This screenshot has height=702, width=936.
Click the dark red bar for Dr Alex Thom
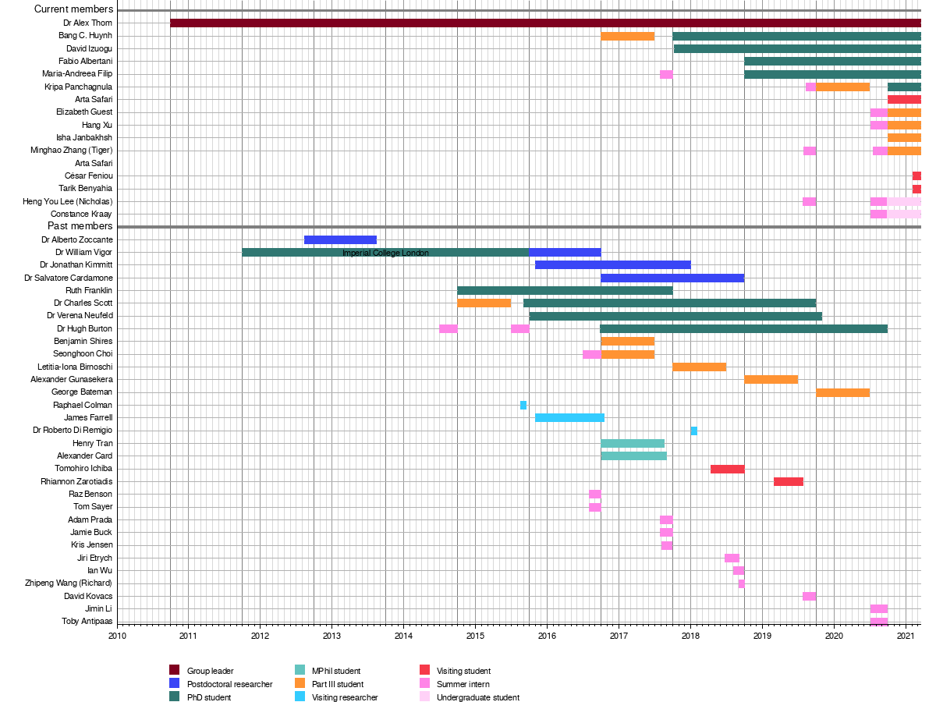(545, 23)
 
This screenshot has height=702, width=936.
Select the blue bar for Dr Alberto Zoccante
(340, 239)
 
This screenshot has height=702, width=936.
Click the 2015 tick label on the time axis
(475, 636)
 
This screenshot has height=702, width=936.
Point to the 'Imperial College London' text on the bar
(385, 253)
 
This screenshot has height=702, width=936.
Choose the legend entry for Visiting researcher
(345, 697)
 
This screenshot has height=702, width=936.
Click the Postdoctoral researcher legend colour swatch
(175, 684)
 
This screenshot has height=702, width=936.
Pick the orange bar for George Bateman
(842, 392)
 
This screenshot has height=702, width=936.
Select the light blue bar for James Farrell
(569, 417)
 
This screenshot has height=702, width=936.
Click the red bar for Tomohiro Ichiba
(727, 469)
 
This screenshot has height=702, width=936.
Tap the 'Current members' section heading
(74, 9)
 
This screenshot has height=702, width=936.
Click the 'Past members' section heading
(80, 226)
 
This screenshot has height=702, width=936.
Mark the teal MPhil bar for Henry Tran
(633, 443)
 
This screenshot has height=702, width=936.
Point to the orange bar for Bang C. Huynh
(627, 36)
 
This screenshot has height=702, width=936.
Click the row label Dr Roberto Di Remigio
(73, 431)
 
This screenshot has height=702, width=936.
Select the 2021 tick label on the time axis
(906, 636)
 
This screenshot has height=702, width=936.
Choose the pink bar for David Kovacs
(809, 596)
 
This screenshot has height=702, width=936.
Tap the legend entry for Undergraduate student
(477, 697)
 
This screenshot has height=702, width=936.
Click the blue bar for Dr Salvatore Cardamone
(672, 278)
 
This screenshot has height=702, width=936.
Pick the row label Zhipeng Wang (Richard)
(69, 583)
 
